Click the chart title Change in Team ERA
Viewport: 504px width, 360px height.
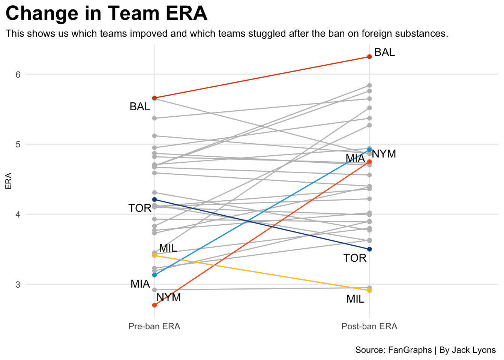(106, 14)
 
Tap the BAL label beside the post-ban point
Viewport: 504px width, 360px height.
(384, 52)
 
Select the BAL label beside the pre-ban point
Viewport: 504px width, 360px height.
(140, 107)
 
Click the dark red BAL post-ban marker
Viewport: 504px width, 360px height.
(369, 57)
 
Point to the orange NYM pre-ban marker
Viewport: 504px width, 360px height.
(154, 305)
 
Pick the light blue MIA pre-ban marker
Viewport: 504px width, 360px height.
(154, 275)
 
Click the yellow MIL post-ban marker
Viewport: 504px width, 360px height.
(369, 291)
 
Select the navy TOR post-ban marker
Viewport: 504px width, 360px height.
(369, 249)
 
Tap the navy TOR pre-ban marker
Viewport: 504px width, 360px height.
(154, 199)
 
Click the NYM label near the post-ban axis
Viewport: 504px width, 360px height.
(384, 154)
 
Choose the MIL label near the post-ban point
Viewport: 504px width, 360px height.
(355, 299)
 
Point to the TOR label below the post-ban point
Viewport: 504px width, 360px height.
(355, 258)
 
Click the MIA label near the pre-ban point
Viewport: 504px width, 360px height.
(140, 284)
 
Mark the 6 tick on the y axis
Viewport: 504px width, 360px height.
(18, 74)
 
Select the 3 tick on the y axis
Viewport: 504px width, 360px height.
(18, 285)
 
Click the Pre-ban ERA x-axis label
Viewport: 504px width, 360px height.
(154, 326)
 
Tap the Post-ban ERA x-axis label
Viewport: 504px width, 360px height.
(369, 326)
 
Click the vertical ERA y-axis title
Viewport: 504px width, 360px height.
(8, 181)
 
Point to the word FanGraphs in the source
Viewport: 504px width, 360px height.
(410, 350)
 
